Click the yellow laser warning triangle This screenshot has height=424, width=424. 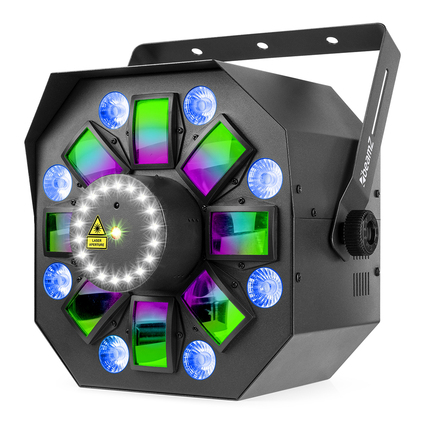pos(97,226)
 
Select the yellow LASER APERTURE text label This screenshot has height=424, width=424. pos(97,243)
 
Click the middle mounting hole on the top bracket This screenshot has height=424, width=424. pos(262,45)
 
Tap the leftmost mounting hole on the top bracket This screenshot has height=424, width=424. pos(197,51)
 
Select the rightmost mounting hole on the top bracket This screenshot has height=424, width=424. pos(332,40)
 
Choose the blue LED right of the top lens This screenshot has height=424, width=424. pos(200,105)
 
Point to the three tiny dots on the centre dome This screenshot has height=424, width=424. pos(193,220)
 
